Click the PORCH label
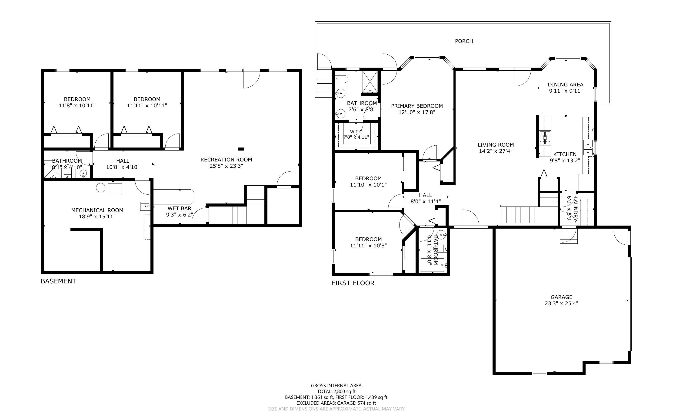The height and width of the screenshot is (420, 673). (x=464, y=41)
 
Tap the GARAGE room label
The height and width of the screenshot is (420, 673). (x=561, y=297)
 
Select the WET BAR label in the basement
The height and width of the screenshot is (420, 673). (x=179, y=208)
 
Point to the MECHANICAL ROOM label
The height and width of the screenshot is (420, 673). (x=97, y=210)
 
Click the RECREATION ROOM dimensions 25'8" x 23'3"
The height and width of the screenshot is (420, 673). (x=226, y=166)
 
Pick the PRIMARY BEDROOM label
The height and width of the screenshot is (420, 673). (x=417, y=106)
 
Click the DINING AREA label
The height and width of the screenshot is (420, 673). (x=565, y=85)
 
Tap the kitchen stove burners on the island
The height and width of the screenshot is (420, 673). (x=545, y=138)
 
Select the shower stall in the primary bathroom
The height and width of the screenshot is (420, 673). (x=370, y=81)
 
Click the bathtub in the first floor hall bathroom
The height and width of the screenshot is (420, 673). (x=433, y=265)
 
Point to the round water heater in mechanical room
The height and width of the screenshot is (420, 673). (x=101, y=188)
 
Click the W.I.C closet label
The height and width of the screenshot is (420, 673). (x=356, y=132)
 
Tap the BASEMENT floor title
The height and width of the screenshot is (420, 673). (x=58, y=281)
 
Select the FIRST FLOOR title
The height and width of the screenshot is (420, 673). (x=353, y=283)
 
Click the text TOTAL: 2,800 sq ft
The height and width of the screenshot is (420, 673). (x=336, y=391)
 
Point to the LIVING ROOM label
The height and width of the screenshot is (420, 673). (x=496, y=145)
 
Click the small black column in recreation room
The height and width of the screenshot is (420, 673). (x=241, y=149)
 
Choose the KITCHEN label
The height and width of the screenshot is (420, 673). (x=565, y=154)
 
